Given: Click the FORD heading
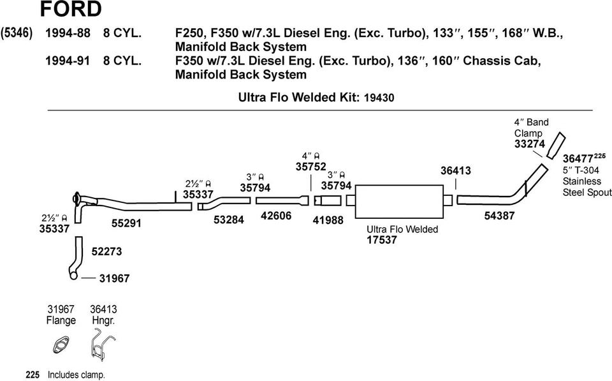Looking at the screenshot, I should tap(70, 9).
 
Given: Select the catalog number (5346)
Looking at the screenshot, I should tap(18, 33).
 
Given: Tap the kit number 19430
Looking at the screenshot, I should tap(379, 98).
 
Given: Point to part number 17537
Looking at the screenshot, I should tap(382, 241).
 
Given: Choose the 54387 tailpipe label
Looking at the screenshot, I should tap(500, 216).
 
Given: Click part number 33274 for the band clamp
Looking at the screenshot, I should tap(530, 145).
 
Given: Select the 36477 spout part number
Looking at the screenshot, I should tap(578, 158).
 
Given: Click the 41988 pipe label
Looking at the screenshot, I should tap(328, 220).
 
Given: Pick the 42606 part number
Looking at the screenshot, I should tap(276, 216).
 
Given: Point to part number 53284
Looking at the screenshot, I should tap(229, 220).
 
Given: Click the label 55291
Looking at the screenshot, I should tap(126, 223).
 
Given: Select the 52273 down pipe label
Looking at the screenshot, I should tap(106, 251).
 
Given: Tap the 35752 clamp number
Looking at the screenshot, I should tap(311, 167).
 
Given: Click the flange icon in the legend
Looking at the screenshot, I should tap(61, 347).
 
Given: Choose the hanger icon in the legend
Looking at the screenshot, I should tap(99, 345).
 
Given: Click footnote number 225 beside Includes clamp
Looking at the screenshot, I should tap(33, 375).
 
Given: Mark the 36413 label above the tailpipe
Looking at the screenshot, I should tap(456, 170).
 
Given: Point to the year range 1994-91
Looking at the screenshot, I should tap(68, 61).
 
